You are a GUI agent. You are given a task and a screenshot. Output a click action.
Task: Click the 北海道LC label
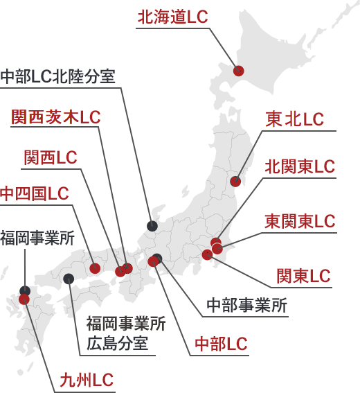click(173, 17)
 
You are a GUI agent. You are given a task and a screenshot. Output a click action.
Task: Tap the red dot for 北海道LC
click(238, 71)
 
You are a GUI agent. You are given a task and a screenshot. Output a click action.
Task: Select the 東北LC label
click(295, 119)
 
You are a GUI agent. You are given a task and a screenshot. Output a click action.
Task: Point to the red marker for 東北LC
click(235, 181)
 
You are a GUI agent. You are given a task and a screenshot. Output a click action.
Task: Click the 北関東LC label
click(300, 166)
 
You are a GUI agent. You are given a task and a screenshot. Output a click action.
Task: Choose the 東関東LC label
click(300, 221)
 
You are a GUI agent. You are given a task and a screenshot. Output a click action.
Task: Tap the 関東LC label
click(303, 276)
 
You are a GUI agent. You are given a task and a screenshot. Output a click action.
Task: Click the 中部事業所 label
click(247, 305)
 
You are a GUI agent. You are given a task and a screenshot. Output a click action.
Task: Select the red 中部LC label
click(221, 344)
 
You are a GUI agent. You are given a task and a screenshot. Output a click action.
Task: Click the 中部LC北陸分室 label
click(58, 76)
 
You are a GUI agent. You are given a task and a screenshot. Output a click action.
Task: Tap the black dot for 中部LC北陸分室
click(152, 226)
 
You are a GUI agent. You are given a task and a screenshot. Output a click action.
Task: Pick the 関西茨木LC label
click(56, 117)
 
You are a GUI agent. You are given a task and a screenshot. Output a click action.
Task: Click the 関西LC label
click(51, 157)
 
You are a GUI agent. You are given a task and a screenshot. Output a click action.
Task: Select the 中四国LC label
click(35, 193)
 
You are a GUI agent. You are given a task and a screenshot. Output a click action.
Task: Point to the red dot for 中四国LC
click(95, 268)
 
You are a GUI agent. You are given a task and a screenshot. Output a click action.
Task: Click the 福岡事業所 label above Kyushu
click(37, 238)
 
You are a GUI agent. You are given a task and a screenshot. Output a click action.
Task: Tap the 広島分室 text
click(117, 343)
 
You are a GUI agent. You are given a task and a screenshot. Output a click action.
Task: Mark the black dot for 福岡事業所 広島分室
click(69, 279)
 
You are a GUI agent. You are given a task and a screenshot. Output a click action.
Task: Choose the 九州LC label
click(87, 380)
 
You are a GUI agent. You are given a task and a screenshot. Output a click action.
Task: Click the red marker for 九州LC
click(24, 299)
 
